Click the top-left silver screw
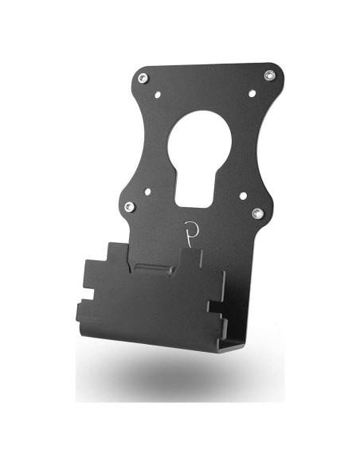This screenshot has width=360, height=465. point(143,77)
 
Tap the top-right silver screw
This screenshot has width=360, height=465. point(269,76)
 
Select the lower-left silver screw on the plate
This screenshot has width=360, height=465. point(130,207)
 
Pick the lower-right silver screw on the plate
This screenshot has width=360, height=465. point(256,213)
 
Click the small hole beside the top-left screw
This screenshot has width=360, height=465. point(158,93)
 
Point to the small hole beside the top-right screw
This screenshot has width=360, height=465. point(252,93)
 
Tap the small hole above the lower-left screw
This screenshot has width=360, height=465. point(147,191)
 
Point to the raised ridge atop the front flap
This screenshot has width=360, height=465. point(159,266)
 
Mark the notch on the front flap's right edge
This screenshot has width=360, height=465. point(216,305)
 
